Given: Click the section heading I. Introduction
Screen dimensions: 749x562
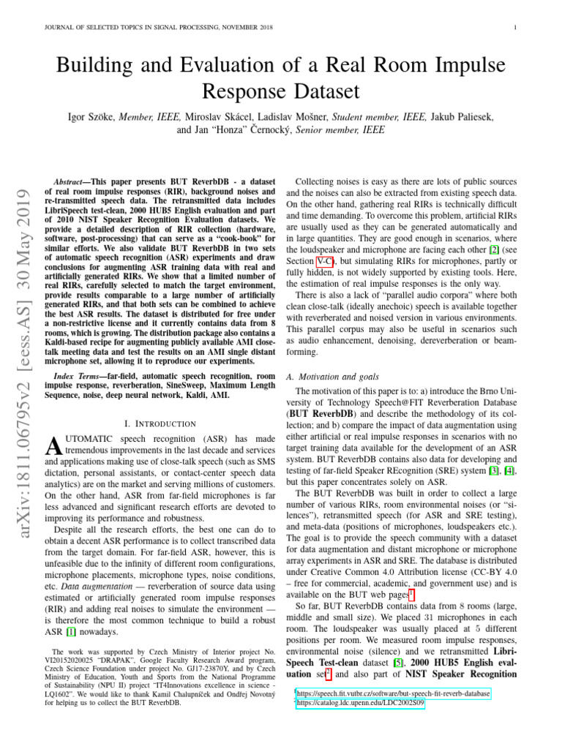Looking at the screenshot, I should [x=160, y=424].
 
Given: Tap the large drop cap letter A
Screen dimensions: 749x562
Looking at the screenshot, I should [x=51, y=445].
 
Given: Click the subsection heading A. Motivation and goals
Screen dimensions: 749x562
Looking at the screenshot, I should [x=333, y=376].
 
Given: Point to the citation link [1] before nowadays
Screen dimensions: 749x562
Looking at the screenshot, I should [x=72, y=631].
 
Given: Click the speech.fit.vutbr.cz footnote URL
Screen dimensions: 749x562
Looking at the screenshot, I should [x=393, y=692].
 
